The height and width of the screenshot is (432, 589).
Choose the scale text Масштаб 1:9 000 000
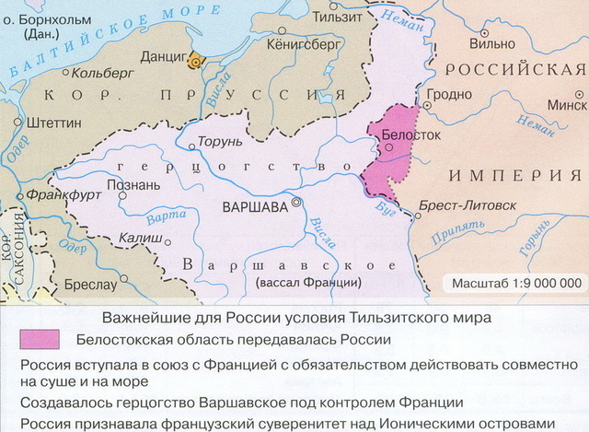[514, 283]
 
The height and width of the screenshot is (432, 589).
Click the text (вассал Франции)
[310, 282]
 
